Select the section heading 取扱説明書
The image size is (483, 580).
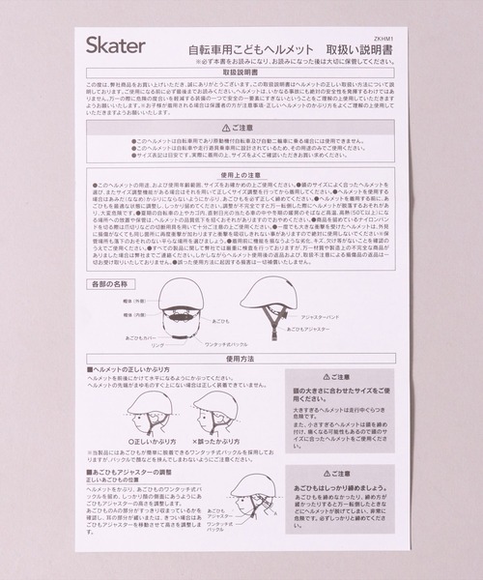pos(241,72)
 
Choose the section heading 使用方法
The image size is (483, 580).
pos(241,357)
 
